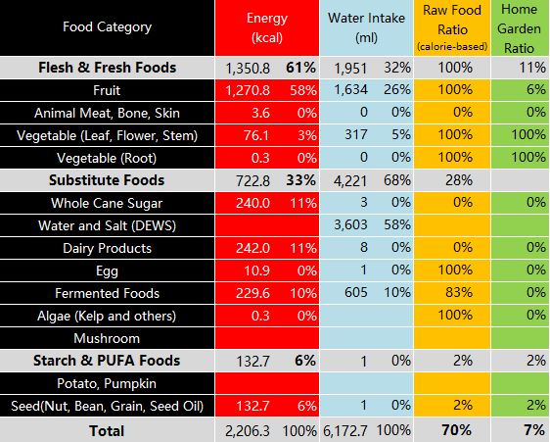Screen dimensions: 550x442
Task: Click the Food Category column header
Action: click(107, 26)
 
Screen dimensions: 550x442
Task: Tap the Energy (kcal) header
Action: click(267, 27)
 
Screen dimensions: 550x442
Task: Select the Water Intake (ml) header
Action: click(367, 27)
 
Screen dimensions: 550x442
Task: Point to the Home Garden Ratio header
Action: click(519, 28)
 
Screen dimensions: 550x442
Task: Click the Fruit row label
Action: click(107, 90)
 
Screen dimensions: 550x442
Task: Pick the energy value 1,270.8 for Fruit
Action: click(248, 90)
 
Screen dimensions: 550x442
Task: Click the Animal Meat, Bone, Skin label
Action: click(107, 113)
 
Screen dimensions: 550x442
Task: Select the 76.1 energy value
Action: click(256, 135)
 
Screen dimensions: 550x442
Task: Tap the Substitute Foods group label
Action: click(107, 180)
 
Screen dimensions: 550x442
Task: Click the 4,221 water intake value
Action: click(350, 180)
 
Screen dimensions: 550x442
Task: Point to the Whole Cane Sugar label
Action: click(107, 203)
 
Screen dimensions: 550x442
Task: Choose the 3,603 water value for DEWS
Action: click(350, 224)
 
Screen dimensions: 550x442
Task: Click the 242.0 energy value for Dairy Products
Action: click(252, 248)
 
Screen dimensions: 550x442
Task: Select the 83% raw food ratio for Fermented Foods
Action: click(459, 292)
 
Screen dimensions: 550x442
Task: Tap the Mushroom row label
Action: click(107, 338)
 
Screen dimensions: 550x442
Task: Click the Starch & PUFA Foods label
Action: click(107, 361)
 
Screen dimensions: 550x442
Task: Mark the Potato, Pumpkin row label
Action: click(107, 383)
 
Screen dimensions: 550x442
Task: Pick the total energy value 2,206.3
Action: click(248, 431)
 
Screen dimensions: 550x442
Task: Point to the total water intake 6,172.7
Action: click(345, 431)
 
